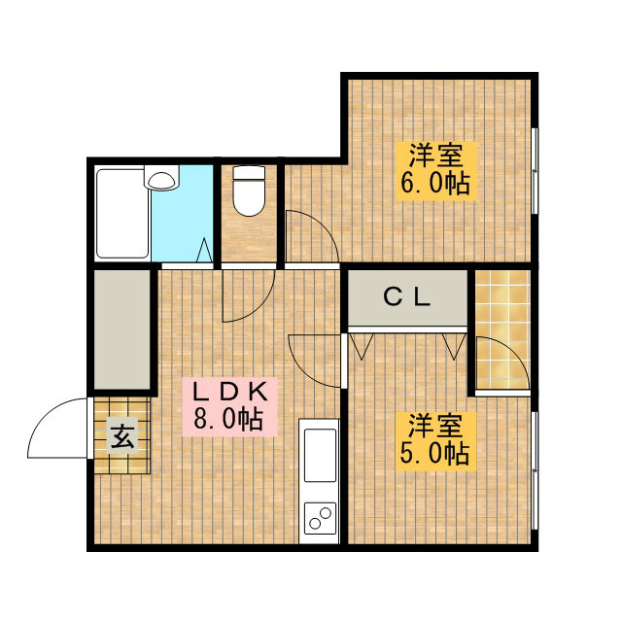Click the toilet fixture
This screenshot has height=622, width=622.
pyautogui.click(x=249, y=190)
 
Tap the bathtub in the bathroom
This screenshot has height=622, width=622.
pyautogui.click(x=122, y=214)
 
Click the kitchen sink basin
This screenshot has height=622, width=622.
pyautogui.click(x=320, y=455)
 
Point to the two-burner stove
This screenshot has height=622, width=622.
pyautogui.click(x=320, y=518)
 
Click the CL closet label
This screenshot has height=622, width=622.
pyautogui.click(x=407, y=297)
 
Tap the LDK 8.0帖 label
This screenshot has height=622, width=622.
pyautogui.click(x=229, y=407)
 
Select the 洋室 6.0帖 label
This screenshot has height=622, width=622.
pyautogui.click(x=436, y=171)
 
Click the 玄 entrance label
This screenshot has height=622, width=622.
pyautogui.click(x=122, y=435)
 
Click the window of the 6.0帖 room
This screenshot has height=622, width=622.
pyautogui.click(x=535, y=171)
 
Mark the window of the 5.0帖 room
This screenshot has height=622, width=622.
pyautogui.click(x=535, y=470)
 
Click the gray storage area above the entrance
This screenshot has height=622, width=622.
pyautogui.click(x=122, y=329)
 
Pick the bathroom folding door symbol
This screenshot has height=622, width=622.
pyautogui.click(x=205, y=250)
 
